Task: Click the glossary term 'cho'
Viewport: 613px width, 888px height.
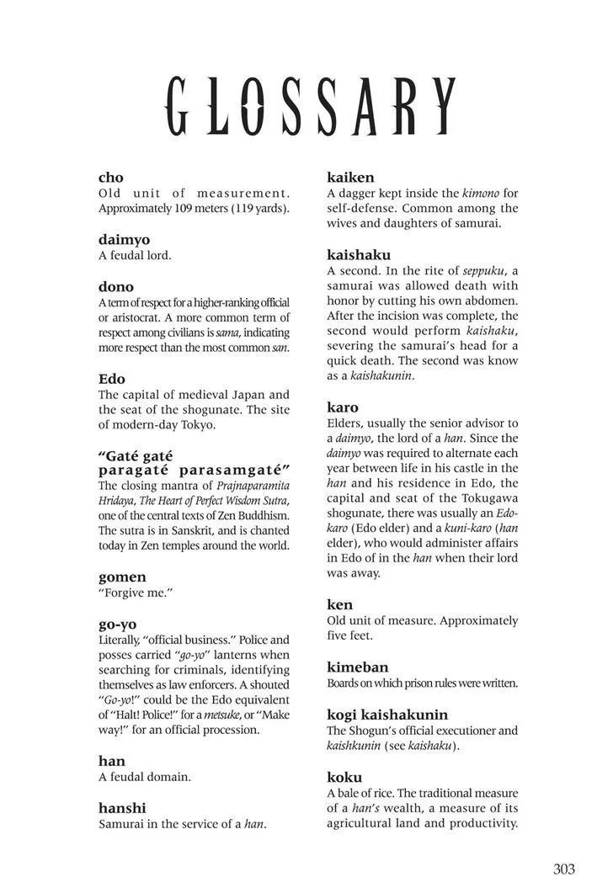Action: point(111,178)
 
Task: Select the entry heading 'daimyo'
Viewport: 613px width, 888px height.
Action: point(124,240)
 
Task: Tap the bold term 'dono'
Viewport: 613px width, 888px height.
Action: point(116,287)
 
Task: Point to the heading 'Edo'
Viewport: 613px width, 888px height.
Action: point(112,379)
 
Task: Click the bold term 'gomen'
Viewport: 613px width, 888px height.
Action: point(122,577)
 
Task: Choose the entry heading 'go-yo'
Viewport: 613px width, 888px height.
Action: point(118,625)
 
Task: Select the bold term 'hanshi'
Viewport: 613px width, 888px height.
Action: point(122,808)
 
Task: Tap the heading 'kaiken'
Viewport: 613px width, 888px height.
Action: point(350,178)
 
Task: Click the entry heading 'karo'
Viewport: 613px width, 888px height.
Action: point(343,407)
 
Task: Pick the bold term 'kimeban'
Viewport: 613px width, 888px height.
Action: point(358,667)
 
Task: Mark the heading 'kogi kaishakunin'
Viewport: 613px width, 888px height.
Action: point(387,715)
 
